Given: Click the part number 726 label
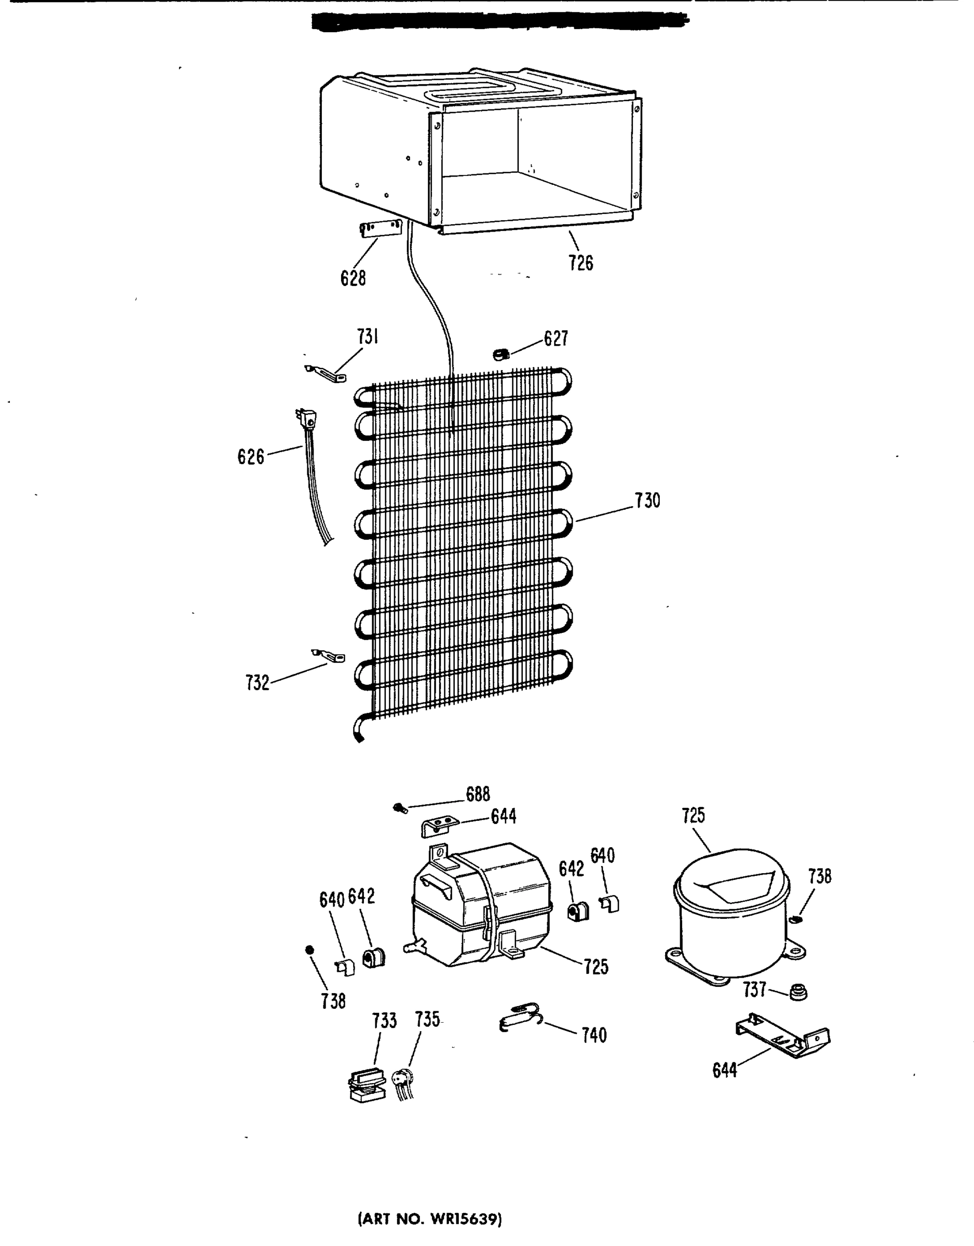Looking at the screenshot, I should [x=580, y=263].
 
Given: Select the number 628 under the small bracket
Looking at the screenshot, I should [x=353, y=278].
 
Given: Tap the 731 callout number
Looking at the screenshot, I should [x=368, y=336].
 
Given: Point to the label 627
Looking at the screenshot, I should [x=556, y=338].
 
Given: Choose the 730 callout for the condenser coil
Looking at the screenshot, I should [x=647, y=500].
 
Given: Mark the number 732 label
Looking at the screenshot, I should [x=258, y=682].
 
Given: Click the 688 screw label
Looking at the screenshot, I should [x=478, y=794].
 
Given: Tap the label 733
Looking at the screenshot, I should [x=384, y=1020].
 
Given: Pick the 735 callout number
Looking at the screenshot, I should [x=427, y=1019].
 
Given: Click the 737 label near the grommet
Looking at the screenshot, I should [x=754, y=990].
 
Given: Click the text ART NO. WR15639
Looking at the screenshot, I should [x=430, y=1219].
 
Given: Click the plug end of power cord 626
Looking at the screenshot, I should [x=307, y=420].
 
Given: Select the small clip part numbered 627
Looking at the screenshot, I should [x=501, y=355].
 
